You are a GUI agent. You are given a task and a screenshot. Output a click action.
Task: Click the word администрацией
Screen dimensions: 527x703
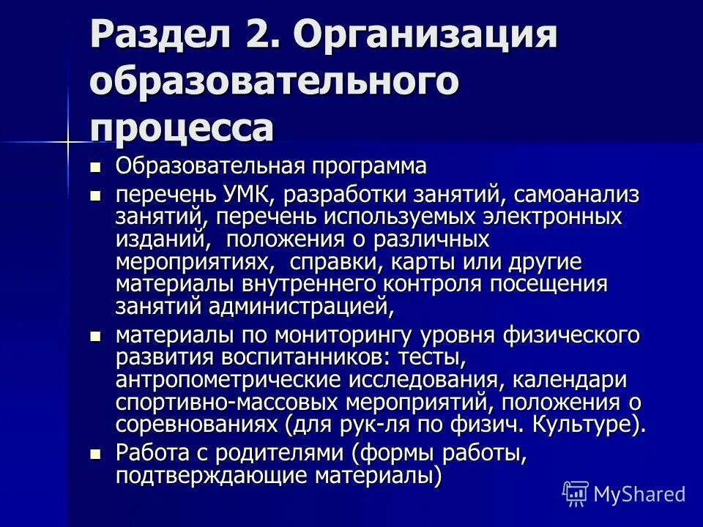click(302, 306)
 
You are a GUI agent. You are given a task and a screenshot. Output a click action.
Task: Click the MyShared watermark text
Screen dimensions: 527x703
click(639, 494)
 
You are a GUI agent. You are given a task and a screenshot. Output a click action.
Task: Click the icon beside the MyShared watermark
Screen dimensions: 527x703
click(575, 494)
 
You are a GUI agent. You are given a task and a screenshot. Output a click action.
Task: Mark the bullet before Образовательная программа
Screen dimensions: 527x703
click(94, 168)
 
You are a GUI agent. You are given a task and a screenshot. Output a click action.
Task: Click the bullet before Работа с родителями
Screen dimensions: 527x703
click(94, 455)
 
